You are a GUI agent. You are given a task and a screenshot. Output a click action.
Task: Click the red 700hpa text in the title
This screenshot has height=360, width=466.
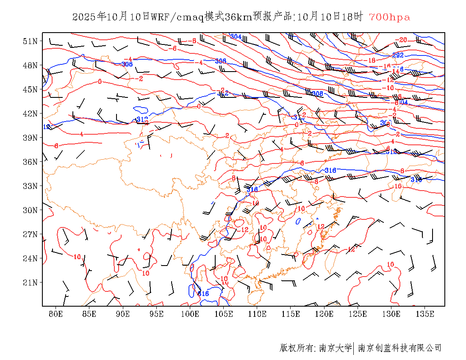(389, 17)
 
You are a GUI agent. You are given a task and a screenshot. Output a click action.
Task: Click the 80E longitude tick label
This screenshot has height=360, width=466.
(55, 314)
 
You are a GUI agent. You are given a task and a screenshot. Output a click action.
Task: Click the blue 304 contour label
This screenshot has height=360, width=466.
(236, 37)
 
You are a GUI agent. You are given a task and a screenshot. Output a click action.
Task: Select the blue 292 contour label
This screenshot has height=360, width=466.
(397, 55)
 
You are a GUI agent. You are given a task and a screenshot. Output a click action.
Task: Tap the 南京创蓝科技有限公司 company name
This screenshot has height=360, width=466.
(400, 348)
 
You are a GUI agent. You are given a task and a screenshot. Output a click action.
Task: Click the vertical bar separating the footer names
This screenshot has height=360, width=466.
(354, 348)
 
